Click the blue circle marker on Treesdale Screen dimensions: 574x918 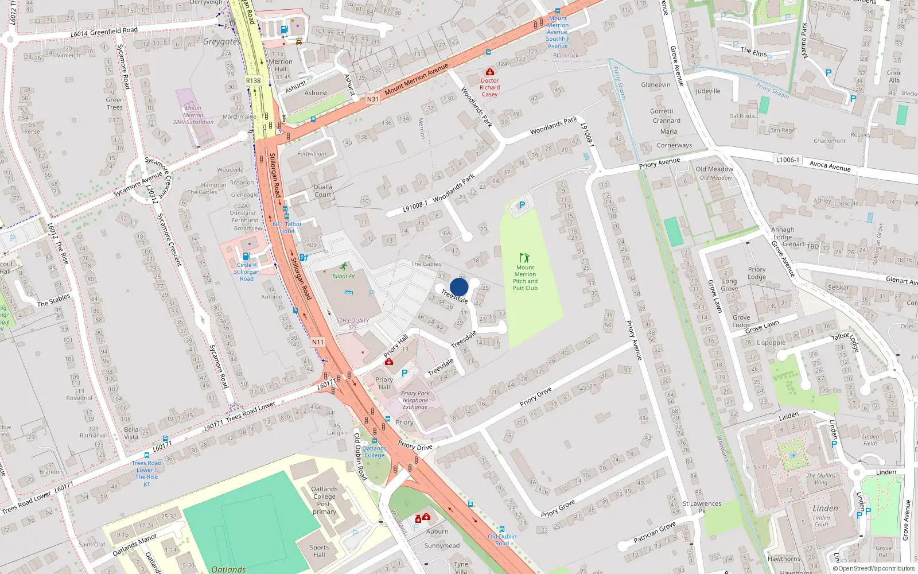459,287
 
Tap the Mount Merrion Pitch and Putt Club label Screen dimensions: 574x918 525,278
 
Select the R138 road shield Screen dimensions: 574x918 253,80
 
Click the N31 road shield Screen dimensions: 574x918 372,99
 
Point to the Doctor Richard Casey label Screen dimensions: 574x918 489,87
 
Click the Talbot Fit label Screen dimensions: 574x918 343,276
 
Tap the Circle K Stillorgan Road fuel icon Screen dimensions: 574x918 246,256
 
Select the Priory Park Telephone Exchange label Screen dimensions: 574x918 415,400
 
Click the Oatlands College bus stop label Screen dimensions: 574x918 374,452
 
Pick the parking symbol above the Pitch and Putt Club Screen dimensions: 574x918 522,205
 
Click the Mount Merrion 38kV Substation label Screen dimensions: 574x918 193,115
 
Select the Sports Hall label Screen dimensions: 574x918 319,551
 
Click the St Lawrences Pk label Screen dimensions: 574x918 702,507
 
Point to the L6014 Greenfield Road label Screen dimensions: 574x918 104,32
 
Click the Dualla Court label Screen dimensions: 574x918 322,191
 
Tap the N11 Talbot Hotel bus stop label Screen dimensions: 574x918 287,227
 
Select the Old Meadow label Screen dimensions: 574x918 714,169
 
